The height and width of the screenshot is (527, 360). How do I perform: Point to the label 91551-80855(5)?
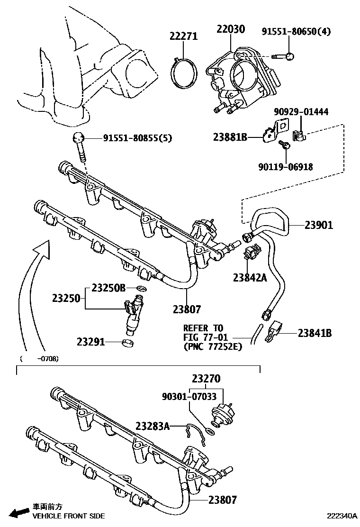(x=137, y=138)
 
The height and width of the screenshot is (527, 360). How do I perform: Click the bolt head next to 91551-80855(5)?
(x=79, y=138)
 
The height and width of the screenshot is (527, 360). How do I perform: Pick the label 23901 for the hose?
(x=318, y=226)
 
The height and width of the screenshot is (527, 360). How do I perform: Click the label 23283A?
(x=153, y=426)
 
